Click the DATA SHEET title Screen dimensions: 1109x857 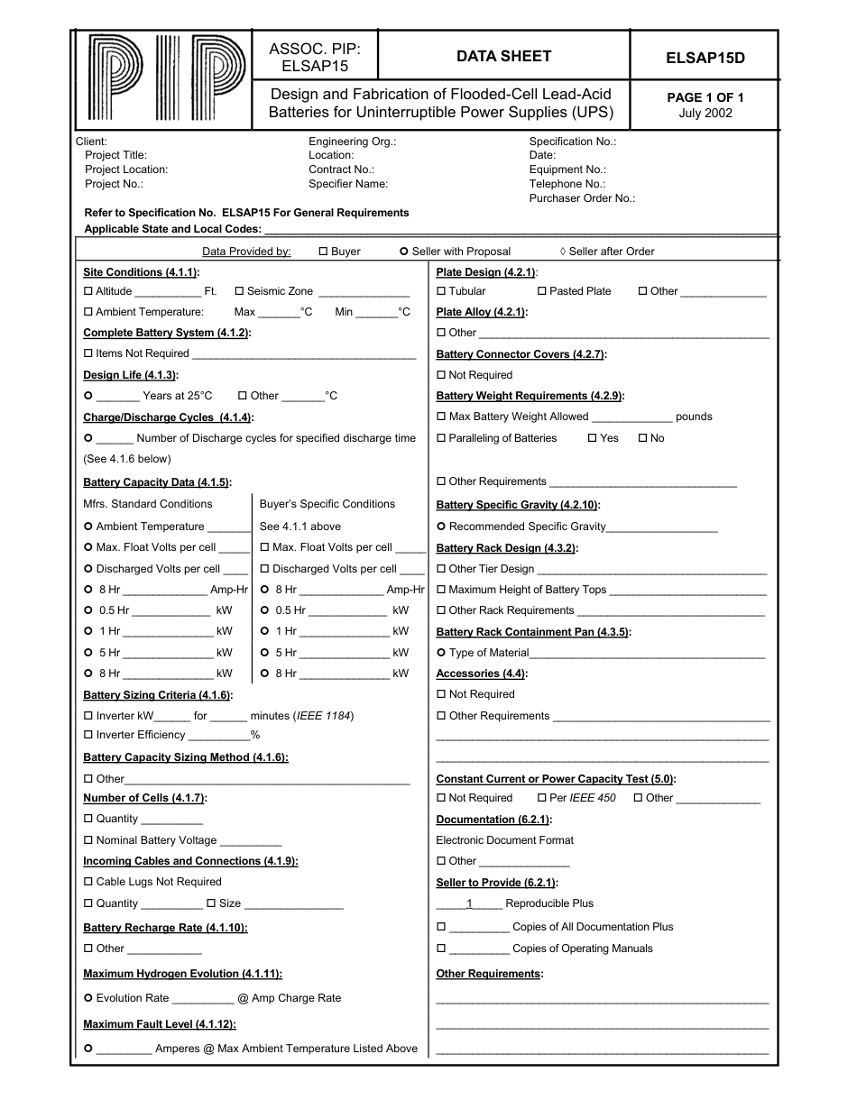[503, 56]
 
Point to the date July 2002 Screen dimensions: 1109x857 [705, 114]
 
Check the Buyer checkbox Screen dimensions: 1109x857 [324, 252]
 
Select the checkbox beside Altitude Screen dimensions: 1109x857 [88, 291]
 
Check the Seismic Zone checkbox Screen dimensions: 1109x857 [239, 291]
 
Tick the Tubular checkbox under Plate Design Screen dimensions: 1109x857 [441, 291]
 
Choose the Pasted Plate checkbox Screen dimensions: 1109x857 [542, 291]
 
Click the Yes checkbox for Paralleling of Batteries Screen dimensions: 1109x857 [593, 438]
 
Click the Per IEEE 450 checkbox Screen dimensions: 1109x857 [541, 798]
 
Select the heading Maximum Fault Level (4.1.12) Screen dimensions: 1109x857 [160, 1024]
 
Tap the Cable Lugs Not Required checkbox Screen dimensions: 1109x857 [88, 882]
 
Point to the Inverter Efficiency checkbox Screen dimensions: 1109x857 [88, 735]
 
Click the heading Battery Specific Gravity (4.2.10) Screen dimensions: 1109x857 [518, 505]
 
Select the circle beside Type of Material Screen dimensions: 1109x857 [441, 653]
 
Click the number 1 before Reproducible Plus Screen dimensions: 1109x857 [469, 903]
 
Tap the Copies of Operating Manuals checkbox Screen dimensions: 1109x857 [441, 949]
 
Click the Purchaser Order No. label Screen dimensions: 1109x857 [582, 198]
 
